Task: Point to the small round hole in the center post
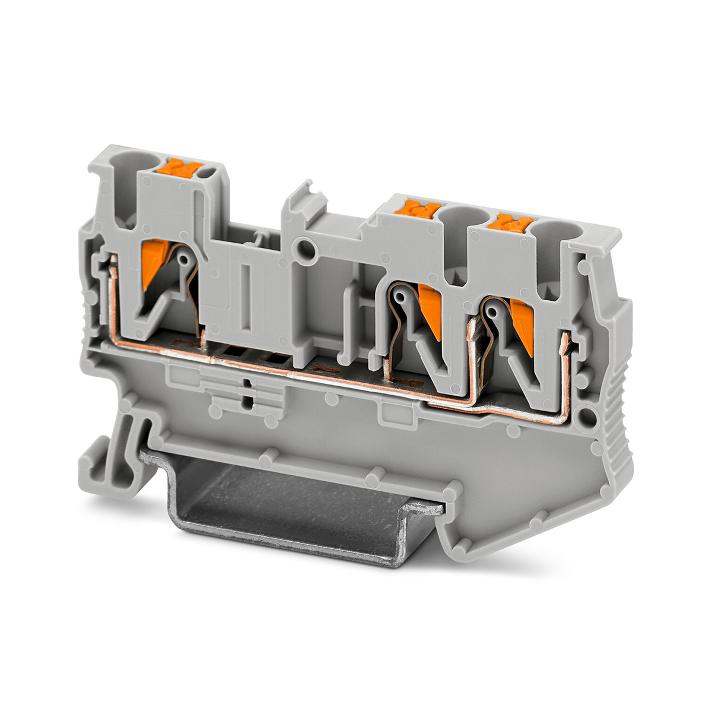coord(306,246)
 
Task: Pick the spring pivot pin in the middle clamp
coord(401,294)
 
